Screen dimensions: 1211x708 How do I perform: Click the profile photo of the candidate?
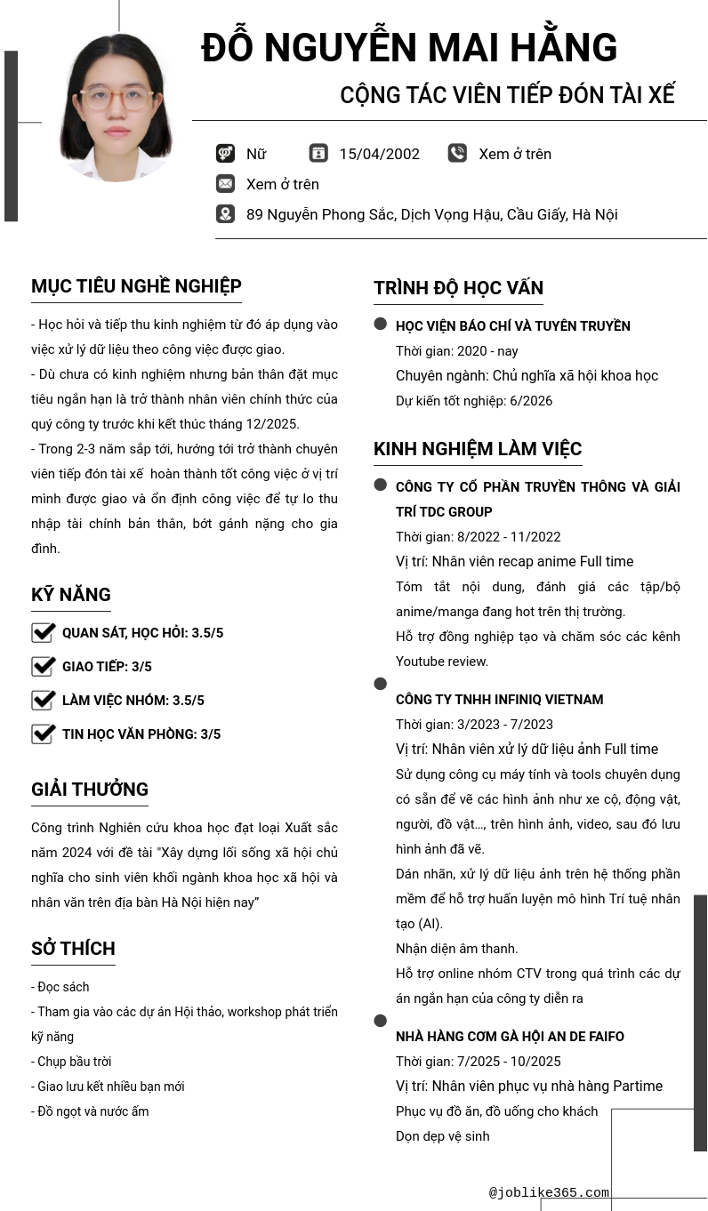117,108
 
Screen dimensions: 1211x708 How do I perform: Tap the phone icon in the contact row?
457,153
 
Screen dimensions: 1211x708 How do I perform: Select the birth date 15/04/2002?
379,154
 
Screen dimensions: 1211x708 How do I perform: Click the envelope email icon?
225,184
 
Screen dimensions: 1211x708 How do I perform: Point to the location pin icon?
225,214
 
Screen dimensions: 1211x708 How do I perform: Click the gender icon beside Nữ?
225,154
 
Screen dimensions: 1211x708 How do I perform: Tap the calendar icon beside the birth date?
318,153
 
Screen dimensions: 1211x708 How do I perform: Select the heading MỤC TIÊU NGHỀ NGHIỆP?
136,286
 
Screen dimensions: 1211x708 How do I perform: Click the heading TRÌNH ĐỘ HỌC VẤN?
458,288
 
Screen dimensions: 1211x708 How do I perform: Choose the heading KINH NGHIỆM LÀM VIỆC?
478,449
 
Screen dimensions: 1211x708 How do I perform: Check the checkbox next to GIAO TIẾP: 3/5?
44,667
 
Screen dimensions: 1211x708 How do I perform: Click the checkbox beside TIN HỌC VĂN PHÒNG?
44,734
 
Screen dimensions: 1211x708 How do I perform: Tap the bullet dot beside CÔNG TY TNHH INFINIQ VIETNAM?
381,684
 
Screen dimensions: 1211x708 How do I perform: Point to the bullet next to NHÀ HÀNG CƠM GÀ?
381,1021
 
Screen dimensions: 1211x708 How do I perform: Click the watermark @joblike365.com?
549,1193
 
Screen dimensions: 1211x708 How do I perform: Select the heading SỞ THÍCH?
73,949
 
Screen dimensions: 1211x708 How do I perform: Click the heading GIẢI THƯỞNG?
90,790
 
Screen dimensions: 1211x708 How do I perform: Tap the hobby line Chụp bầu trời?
74,1062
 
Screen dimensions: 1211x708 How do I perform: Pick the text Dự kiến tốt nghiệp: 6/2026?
474,401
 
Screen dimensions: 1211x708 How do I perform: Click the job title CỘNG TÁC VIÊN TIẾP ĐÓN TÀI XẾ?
507,95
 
